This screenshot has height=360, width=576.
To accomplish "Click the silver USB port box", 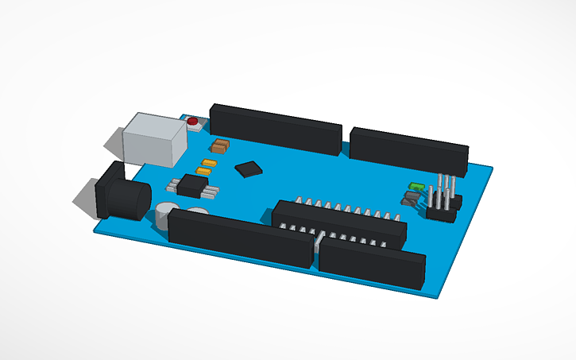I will point(155,139).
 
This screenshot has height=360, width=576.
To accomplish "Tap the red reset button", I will point(192,122).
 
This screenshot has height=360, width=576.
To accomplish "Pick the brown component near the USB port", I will point(220,145).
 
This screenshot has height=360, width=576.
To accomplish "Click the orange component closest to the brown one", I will point(209,163).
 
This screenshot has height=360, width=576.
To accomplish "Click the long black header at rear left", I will point(275,128).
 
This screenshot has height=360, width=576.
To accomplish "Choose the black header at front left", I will point(239,236).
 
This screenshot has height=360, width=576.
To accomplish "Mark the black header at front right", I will point(370,264).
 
